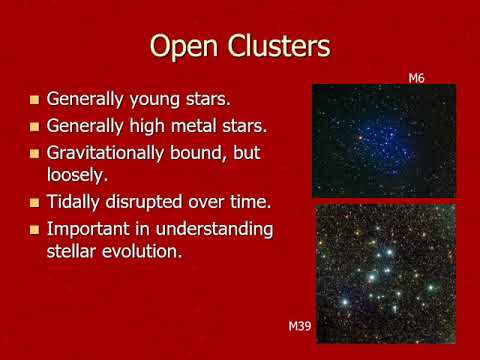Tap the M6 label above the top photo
point(416,77)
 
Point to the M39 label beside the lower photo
point(300,327)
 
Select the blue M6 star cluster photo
point(384,141)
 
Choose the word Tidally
point(76,203)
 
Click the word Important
point(91,229)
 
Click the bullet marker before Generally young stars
point(35,101)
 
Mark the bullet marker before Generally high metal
point(35,127)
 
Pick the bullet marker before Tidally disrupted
point(35,203)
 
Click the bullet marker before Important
point(35,229)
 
